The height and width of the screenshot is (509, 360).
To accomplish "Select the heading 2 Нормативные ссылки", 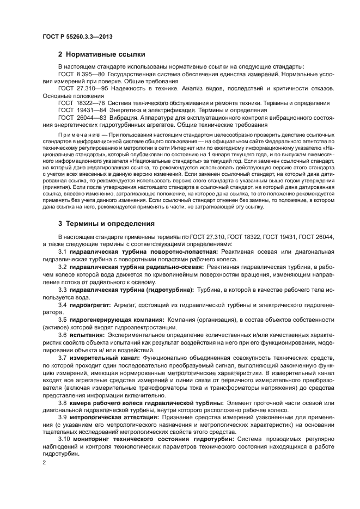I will (102, 54).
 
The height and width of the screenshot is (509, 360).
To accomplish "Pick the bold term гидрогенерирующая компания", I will (117, 320).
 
